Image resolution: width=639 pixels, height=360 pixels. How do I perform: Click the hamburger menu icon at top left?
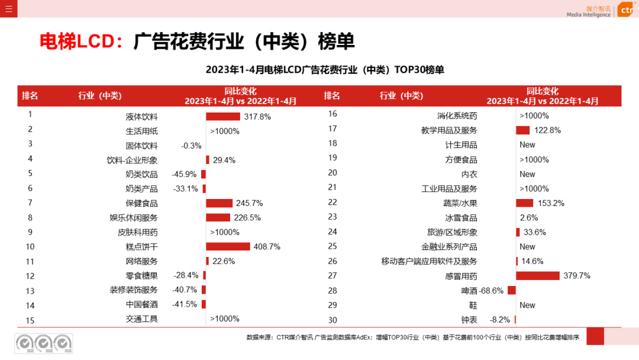click(8, 8)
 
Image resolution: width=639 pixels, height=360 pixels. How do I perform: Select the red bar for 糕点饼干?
click(228, 246)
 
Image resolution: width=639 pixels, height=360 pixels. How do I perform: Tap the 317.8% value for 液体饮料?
click(257, 117)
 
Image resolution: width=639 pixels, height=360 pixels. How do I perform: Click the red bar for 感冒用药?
click(537, 276)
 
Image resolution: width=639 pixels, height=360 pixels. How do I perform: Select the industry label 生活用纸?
click(141, 131)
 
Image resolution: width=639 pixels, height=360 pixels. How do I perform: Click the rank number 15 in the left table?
click(30, 320)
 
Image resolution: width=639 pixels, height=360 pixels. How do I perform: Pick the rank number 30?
click(332, 320)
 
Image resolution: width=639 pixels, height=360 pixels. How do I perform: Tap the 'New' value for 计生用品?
click(527, 145)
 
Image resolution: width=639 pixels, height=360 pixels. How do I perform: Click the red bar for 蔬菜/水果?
click(524, 203)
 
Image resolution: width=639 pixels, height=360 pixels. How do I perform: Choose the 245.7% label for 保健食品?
click(249, 203)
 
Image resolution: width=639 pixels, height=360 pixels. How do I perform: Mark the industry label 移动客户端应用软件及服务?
click(429, 261)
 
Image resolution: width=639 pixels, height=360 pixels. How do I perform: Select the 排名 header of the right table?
click(332, 96)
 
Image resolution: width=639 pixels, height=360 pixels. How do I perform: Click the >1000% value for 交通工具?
click(225, 319)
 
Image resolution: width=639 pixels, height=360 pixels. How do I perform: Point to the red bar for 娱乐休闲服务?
click(218, 217)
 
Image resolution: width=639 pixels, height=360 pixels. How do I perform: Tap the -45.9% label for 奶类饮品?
click(184, 174)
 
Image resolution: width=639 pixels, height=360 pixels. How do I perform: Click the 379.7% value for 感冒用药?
click(576, 276)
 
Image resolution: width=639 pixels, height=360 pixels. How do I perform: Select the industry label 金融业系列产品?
click(449, 247)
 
